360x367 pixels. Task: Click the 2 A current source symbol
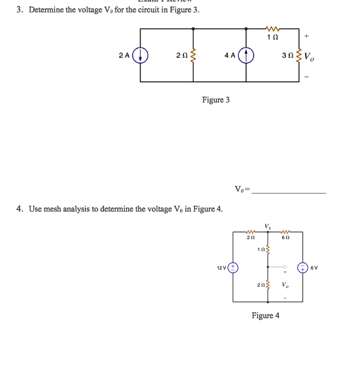point(140,55)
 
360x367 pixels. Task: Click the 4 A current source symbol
point(246,55)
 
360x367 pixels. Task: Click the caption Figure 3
point(216,100)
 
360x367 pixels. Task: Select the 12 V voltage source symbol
point(233,267)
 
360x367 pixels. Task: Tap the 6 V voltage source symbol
point(303,267)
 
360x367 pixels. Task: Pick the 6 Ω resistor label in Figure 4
point(286,238)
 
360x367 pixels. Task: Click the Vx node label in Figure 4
point(268,226)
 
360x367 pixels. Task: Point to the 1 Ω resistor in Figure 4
point(269,250)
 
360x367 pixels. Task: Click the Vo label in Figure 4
point(285,285)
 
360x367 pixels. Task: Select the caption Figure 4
point(265,316)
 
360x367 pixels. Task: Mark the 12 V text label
point(222,268)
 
